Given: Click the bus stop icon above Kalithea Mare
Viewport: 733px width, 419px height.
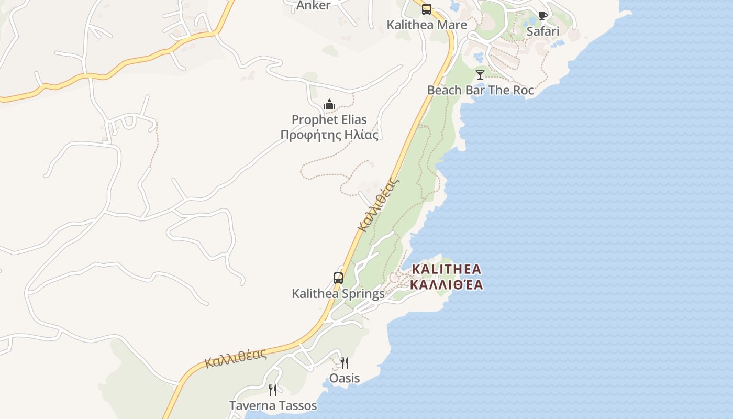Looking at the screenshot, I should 427,9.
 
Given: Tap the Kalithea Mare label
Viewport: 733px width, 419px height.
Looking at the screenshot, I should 427,25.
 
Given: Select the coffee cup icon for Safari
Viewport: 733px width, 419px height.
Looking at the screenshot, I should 543,16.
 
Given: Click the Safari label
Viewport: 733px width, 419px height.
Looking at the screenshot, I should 543,31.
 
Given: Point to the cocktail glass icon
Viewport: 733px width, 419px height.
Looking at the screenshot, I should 480,74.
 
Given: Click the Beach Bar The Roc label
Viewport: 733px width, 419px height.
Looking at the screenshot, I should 480,90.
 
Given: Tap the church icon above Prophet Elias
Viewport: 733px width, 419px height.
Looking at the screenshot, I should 329,104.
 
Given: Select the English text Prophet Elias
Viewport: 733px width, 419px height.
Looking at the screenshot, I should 329,119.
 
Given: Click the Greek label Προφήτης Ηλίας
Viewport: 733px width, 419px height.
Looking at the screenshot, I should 329,135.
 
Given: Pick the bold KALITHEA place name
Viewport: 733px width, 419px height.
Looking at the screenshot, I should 446,269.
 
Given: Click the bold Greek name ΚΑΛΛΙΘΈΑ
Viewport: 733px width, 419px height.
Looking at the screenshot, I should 446,285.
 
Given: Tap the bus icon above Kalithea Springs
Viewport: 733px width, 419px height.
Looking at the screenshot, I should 338,278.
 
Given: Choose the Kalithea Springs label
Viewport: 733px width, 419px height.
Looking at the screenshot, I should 338,294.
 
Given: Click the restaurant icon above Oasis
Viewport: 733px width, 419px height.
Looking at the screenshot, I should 345,362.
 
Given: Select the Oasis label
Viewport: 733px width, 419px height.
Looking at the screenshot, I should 345,378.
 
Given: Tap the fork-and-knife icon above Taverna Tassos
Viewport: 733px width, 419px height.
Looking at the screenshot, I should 273,390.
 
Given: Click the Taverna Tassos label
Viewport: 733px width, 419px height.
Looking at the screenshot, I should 273,406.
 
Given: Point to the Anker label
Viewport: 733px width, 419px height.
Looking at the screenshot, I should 313,6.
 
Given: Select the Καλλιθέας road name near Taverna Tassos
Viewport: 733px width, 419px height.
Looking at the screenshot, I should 236,358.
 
